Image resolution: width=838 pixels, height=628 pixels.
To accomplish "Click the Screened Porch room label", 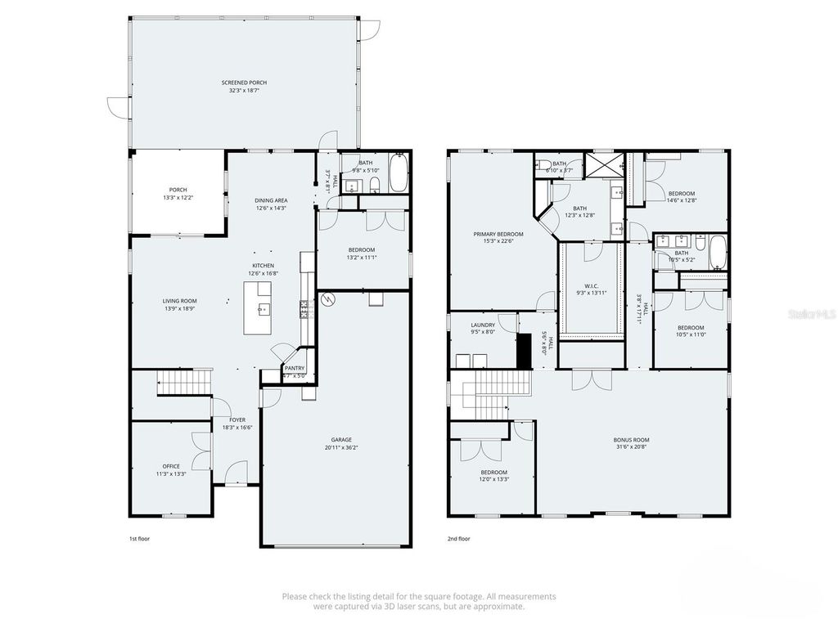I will click(244, 83).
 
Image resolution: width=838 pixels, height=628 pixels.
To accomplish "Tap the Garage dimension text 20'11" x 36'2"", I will click(336, 447).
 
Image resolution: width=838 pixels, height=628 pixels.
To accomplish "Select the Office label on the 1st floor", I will click(171, 466).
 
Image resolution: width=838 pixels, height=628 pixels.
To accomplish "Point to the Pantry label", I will click(294, 368).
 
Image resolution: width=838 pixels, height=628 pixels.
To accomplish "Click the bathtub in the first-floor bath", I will click(399, 173).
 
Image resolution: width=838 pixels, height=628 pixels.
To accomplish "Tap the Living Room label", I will click(179, 301).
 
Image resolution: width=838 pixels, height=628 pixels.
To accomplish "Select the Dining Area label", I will click(270, 200).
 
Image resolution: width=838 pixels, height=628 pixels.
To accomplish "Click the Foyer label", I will click(237, 419).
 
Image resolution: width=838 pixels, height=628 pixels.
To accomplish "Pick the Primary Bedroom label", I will click(498, 234).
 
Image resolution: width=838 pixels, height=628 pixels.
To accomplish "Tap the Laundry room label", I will click(482, 325).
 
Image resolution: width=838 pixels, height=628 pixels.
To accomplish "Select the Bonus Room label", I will click(631, 440).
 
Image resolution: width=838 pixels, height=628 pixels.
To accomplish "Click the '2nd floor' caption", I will click(459, 539).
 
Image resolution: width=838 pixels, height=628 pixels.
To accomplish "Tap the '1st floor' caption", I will click(139, 539).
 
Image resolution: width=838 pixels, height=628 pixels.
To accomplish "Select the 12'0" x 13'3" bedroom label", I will click(493, 473).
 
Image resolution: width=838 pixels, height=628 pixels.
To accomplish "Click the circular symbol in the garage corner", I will click(328, 300).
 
